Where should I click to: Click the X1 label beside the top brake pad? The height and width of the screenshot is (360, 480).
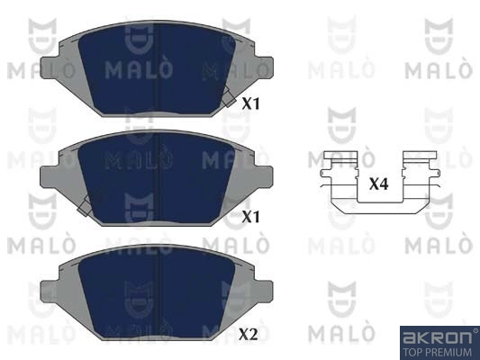pos(250,104)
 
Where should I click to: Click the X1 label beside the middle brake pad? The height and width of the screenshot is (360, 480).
pos(250,217)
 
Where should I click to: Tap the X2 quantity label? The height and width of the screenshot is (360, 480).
pos(249,334)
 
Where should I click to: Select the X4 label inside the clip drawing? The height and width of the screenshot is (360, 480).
pos(379,184)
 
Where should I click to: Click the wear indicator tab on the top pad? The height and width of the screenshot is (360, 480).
pos(229,97)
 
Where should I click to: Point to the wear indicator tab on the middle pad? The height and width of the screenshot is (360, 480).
pos(85,206)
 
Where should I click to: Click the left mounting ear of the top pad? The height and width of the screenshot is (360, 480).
pos(49,67)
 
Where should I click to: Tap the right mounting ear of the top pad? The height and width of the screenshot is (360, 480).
pos(265,67)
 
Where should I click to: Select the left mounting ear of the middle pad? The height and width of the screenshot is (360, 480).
pos(49,176)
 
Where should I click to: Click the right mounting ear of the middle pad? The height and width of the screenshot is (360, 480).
pos(265,176)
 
